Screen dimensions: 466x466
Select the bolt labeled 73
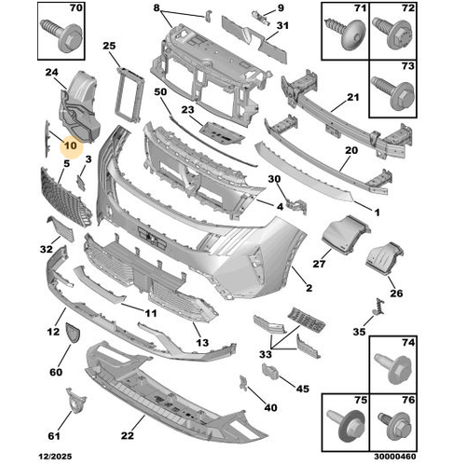point(392,92)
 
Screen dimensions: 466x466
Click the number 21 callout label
point(352,98)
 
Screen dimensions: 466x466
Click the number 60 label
point(57,371)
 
